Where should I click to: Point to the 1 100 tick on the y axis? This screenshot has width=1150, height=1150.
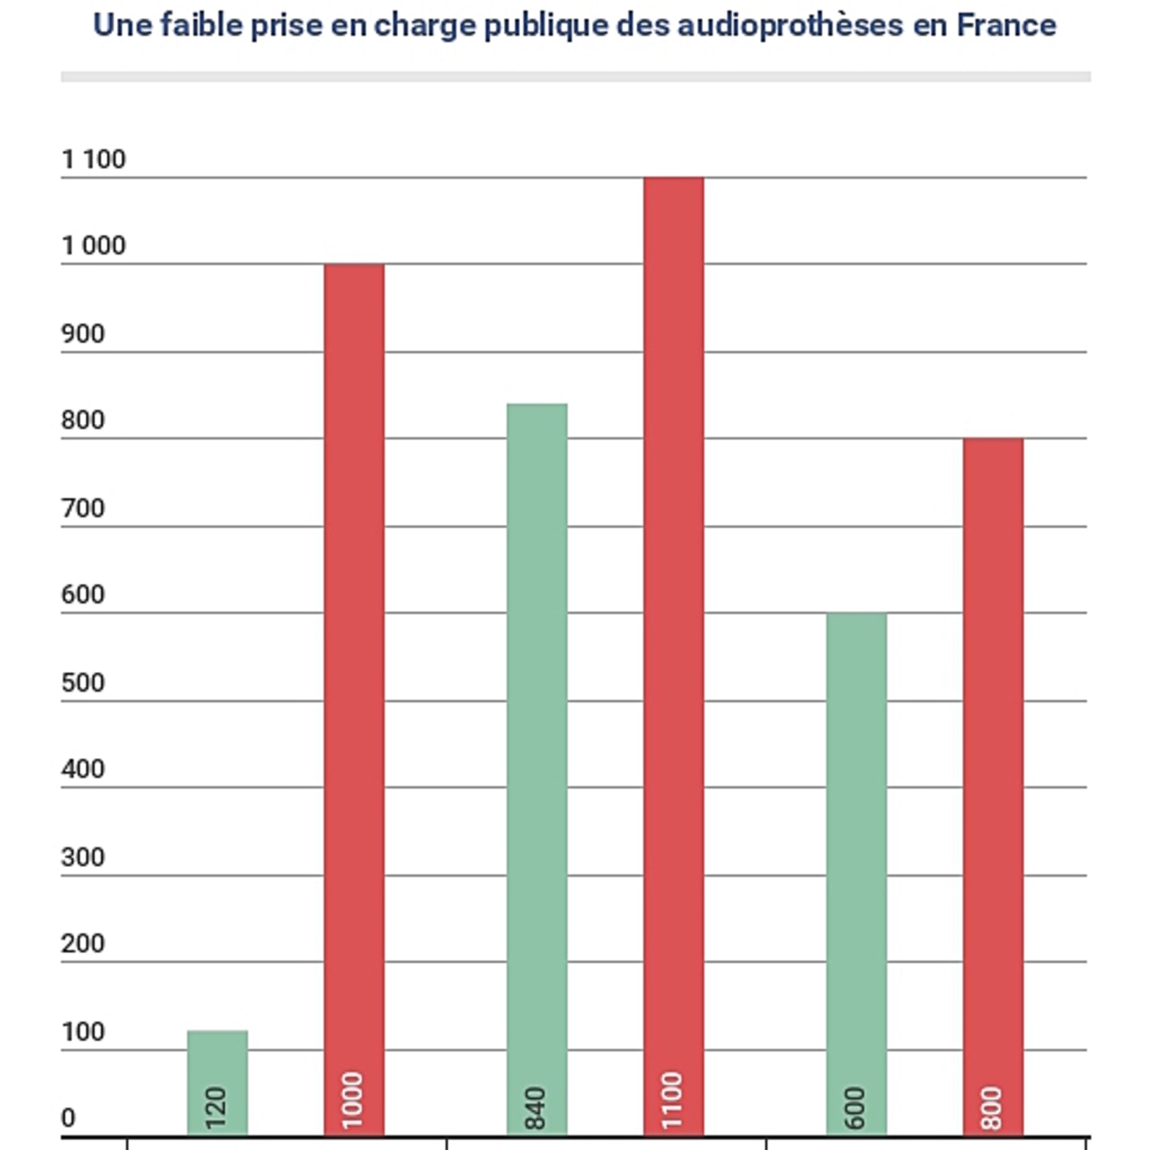(x=93, y=160)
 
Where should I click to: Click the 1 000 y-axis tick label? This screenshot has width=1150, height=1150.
(x=93, y=246)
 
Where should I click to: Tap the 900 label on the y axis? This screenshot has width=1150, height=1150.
(x=83, y=334)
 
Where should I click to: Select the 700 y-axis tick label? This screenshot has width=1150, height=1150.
(x=83, y=509)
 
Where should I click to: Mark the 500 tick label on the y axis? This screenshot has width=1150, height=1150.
(x=83, y=683)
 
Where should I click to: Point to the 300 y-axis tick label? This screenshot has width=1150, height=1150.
(x=83, y=857)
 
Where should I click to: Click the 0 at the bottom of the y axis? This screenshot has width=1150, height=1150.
(x=68, y=1119)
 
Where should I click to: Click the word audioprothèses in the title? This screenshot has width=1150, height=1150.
(x=790, y=25)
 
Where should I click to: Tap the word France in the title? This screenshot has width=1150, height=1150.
(x=1006, y=25)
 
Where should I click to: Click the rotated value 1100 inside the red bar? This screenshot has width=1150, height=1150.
(x=673, y=1101)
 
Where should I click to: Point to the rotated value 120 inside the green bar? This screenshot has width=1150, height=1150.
(x=217, y=1108)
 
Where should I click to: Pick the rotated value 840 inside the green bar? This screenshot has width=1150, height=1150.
(x=536, y=1108)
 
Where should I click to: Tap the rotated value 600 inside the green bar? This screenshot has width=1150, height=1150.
(x=856, y=1108)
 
